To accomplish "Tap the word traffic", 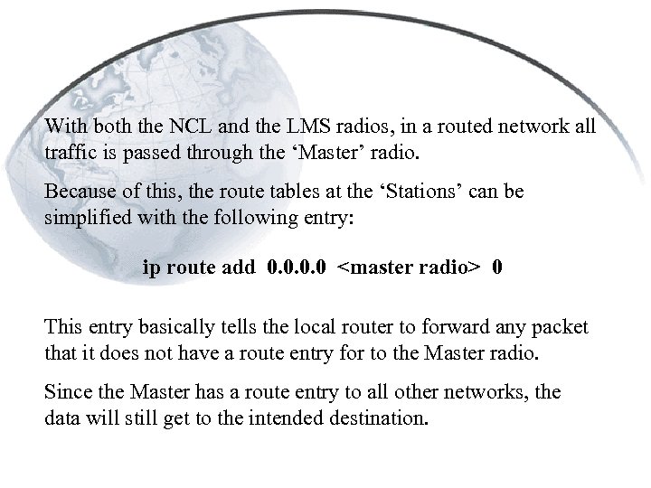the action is [69, 153].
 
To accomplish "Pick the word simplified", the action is [86, 218].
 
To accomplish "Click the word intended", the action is [296, 418].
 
